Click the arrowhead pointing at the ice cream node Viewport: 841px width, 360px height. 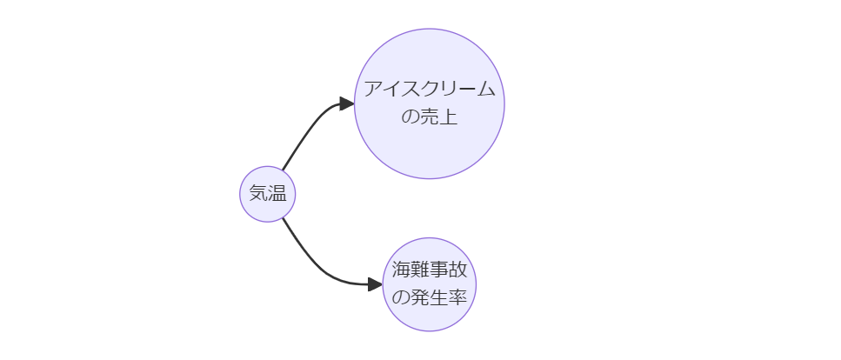(346, 103)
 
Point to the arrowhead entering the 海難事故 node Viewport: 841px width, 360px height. (375, 284)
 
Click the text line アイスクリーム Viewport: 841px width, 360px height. (430, 90)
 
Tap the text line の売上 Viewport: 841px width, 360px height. (430, 117)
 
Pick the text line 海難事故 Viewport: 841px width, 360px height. (430, 270)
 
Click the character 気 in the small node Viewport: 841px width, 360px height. (258, 194)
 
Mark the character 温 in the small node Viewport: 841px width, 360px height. (277, 194)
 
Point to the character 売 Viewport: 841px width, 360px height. (430, 117)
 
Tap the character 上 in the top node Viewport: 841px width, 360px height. (448, 117)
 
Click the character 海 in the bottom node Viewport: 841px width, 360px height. (401, 270)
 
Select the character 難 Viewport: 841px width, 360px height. (420, 270)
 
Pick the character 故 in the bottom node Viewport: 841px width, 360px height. (458, 270)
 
